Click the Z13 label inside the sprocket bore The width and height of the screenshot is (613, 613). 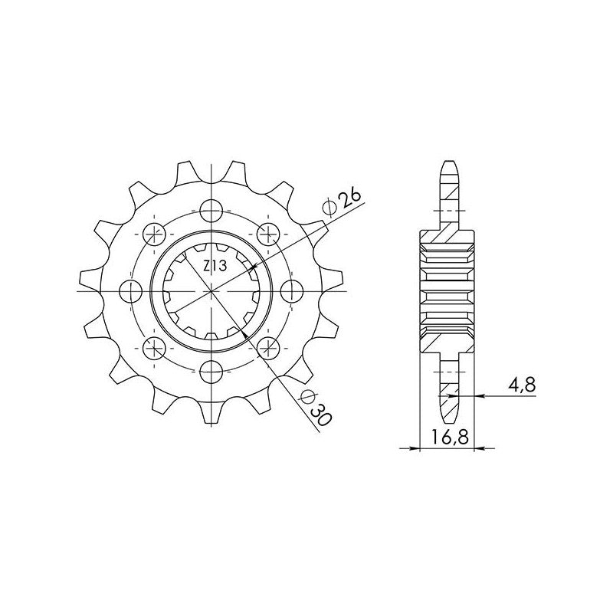pyautogui.click(x=215, y=267)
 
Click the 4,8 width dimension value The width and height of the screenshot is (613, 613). pyautogui.click(x=522, y=385)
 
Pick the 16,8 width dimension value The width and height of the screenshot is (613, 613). pyautogui.click(x=450, y=437)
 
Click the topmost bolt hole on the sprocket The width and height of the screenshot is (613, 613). pyautogui.click(x=211, y=211)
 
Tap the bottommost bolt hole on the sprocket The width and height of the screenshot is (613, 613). pyautogui.click(x=211, y=372)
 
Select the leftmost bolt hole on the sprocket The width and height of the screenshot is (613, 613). pyautogui.click(x=130, y=292)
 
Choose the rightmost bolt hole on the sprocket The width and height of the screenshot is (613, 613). pyautogui.click(x=292, y=292)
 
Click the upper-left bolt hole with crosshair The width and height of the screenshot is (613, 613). pyautogui.click(x=155, y=234)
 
